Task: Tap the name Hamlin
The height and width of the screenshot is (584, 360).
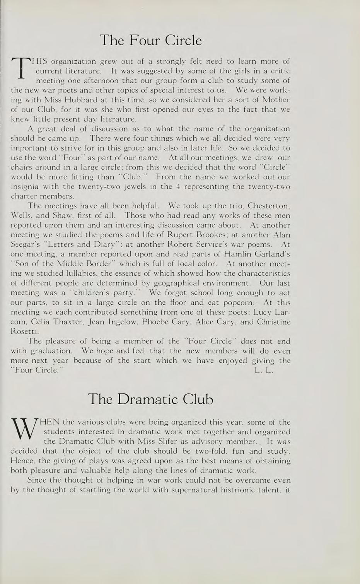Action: tap(238, 254)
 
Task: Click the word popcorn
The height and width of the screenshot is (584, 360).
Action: tap(235, 302)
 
